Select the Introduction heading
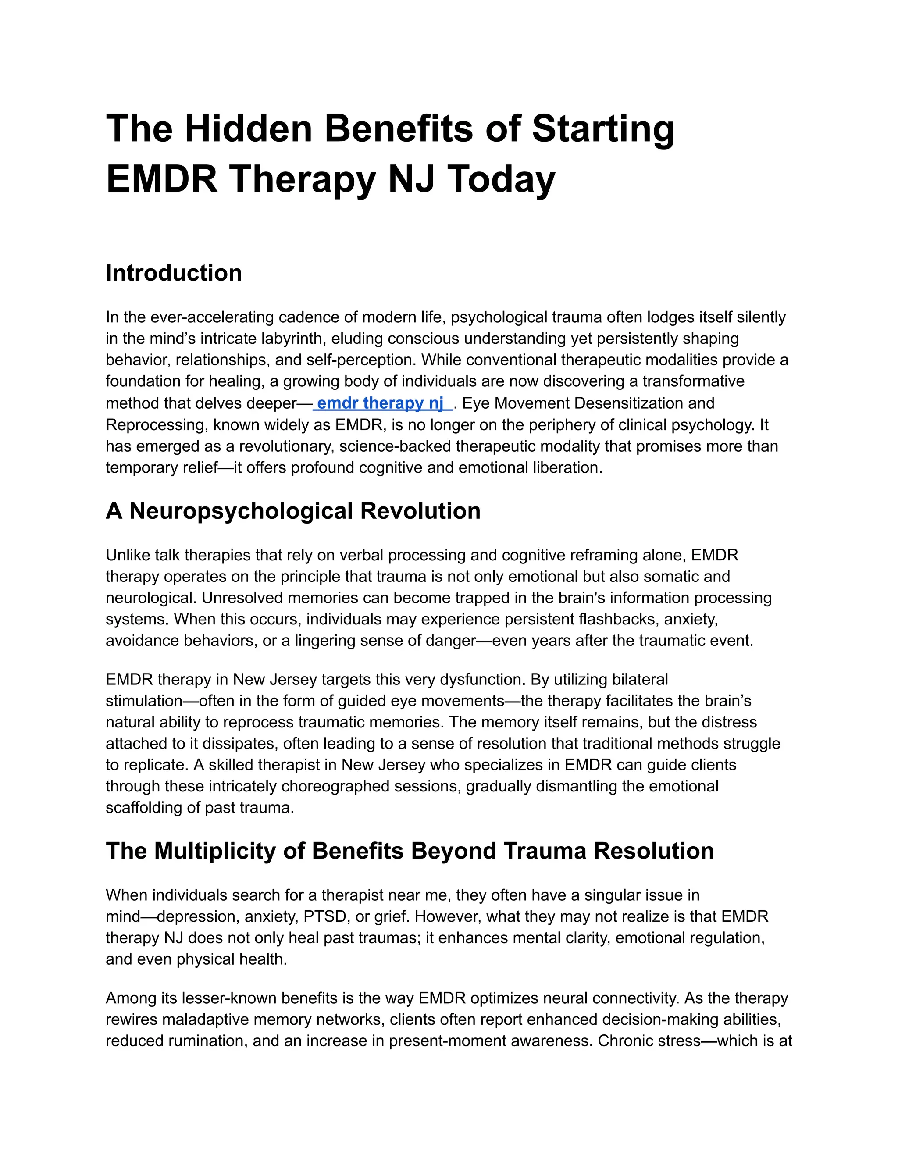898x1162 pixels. [174, 273]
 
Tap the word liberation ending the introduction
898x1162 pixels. [567, 468]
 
